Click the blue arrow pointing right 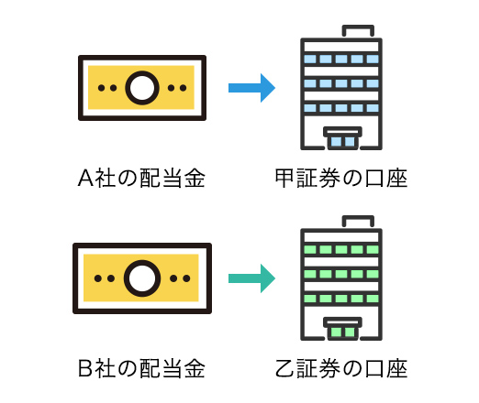pos(251,88)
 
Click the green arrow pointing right pos(251,278)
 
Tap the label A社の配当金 pos(141,178)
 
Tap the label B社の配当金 pos(141,368)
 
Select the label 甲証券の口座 pos(341,178)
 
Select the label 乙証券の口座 pos(341,368)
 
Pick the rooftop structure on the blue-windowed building pos(358,27)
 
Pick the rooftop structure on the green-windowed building pos(358,217)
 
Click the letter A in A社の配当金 pos(85,178)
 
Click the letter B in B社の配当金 pos(85,368)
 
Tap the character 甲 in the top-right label pos(284,178)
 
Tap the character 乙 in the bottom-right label pos(284,368)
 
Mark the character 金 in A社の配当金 pos(195,178)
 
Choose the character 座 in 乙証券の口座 pos(397,368)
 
